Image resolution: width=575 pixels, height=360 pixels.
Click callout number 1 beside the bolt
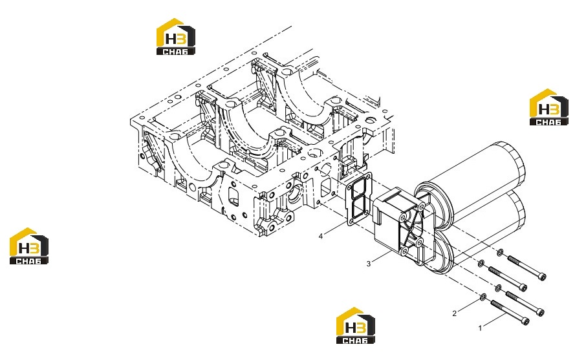pyautogui.click(x=480, y=328)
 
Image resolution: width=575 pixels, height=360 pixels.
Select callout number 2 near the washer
pyautogui.click(x=454, y=313)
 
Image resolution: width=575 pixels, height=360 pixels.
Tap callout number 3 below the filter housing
pyautogui.click(x=369, y=264)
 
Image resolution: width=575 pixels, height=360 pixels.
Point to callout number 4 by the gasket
pyautogui.click(x=321, y=236)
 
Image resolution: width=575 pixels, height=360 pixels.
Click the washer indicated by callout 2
pyautogui.click(x=483, y=296)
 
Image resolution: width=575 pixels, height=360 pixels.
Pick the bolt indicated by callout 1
pyautogui.click(x=510, y=313)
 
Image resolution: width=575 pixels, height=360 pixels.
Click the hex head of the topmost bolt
pyautogui.click(x=543, y=277)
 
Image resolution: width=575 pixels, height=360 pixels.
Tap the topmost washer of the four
pyautogui.click(x=501, y=252)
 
